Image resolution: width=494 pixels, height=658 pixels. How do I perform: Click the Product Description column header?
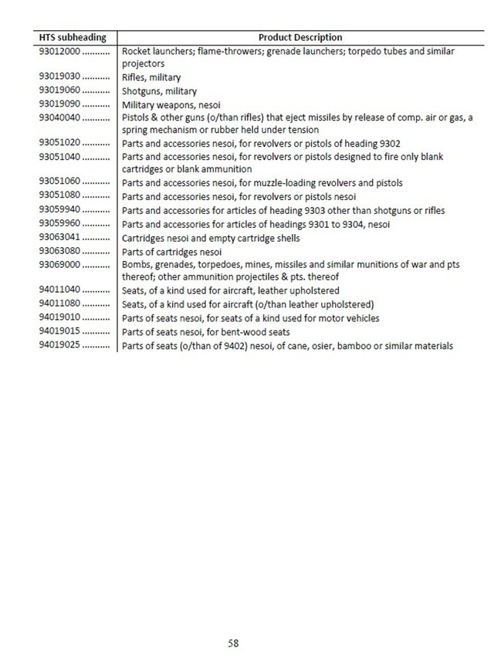(300, 37)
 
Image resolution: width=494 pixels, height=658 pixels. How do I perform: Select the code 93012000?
(58, 51)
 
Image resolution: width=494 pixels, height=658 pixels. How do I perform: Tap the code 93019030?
(58, 78)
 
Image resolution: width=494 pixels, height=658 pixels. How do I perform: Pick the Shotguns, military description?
(154, 91)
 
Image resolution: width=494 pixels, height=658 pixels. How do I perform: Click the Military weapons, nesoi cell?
(166, 104)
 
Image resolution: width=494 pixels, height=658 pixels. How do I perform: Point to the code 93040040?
(58, 117)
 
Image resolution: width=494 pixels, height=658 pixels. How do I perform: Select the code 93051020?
(58, 144)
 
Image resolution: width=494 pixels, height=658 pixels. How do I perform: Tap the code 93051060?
(58, 183)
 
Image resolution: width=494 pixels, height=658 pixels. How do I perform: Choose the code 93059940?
(58, 210)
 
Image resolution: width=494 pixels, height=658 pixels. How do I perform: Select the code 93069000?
(58, 264)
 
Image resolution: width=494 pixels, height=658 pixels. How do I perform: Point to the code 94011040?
(58, 291)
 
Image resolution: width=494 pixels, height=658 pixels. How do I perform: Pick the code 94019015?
(58, 331)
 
